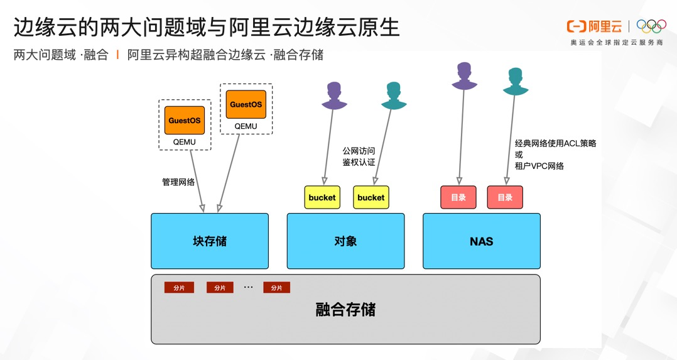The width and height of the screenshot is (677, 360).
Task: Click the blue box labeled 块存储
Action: [x=209, y=241]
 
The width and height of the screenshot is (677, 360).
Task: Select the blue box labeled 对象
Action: [x=345, y=241]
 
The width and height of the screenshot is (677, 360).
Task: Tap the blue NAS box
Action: [x=481, y=241]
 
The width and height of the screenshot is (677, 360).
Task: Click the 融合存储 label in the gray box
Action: [x=345, y=310]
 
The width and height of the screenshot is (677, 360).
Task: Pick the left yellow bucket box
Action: [x=322, y=197]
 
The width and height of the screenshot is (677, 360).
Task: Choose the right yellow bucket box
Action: [x=371, y=197]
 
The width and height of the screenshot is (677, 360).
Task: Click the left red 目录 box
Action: [x=458, y=197]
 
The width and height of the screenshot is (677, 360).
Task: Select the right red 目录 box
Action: [x=505, y=197]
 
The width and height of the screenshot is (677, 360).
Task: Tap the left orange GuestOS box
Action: [x=185, y=120]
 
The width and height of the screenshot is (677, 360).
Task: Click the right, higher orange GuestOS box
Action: [x=246, y=104]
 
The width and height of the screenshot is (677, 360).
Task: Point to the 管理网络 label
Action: [x=178, y=182]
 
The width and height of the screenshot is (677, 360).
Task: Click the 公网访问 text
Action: [x=359, y=151]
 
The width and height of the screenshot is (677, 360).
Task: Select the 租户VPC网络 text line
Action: [x=539, y=166]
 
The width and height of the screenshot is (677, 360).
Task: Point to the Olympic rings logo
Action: [x=651, y=26]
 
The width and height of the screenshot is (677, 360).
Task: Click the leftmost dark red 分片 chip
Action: [x=179, y=288]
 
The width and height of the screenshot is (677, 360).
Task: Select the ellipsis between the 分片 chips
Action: [x=248, y=287]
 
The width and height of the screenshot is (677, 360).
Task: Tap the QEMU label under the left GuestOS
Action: [x=185, y=142]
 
